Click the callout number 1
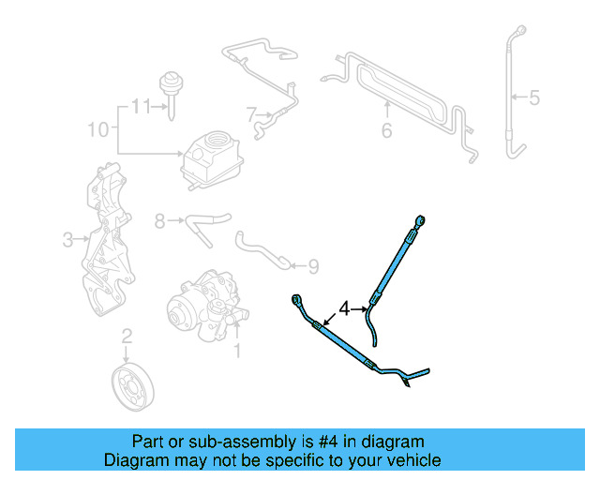(x=237, y=352)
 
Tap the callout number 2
(x=127, y=337)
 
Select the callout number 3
(x=67, y=241)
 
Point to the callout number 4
(x=345, y=307)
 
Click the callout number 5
(x=534, y=96)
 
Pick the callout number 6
(x=386, y=131)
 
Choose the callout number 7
(x=251, y=115)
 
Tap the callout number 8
(x=159, y=221)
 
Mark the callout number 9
(x=312, y=267)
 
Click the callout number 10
(x=98, y=128)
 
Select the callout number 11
(x=141, y=106)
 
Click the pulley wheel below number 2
(x=132, y=385)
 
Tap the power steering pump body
(x=202, y=305)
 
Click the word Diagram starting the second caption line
(x=133, y=460)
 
